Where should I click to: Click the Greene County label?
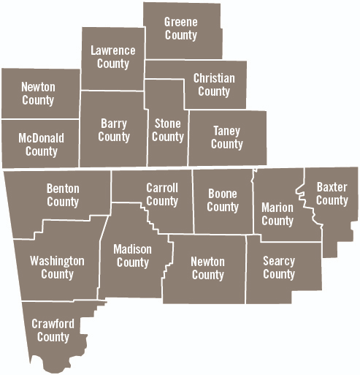click(x=180, y=29)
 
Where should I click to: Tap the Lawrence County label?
click(x=112, y=57)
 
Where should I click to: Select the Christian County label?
click(x=214, y=85)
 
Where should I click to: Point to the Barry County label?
click(x=114, y=130)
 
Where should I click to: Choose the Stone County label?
click(x=167, y=130)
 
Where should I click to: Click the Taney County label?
click(x=226, y=137)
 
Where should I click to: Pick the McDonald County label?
click(x=41, y=145)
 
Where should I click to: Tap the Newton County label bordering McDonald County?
click(x=38, y=94)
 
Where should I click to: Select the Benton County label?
click(x=63, y=195)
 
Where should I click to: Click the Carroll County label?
click(x=162, y=194)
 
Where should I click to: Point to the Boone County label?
click(x=223, y=200)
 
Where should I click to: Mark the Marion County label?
click(x=277, y=213)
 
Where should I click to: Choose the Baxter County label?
click(x=332, y=194)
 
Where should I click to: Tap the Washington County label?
click(x=57, y=268)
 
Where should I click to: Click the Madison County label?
click(x=133, y=256)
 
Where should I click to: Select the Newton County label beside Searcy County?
click(x=207, y=268)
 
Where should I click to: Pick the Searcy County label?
click(x=278, y=268)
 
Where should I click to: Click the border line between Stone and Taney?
click(x=188, y=139)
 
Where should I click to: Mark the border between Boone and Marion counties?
click(x=253, y=205)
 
